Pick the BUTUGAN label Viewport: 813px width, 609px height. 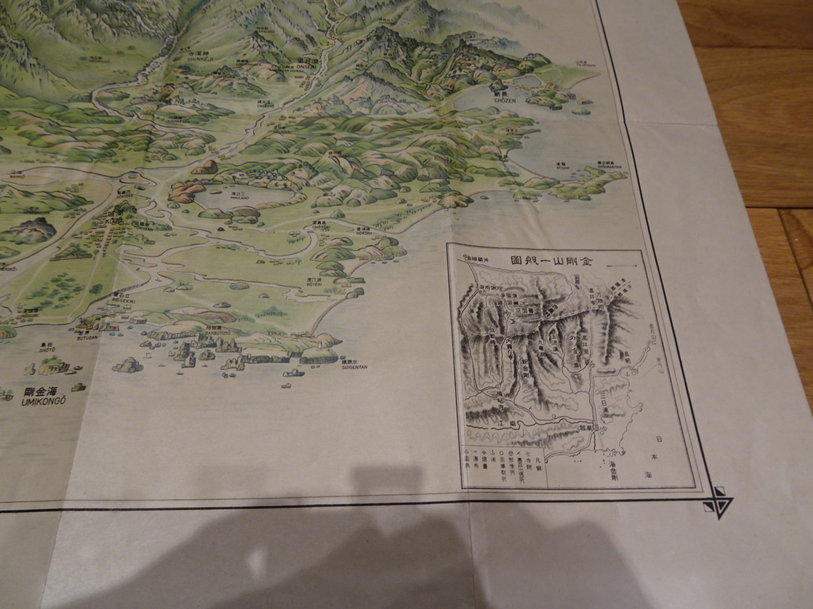click(x=87, y=336)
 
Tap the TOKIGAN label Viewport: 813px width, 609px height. click(x=142, y=228)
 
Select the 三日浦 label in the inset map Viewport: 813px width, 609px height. click(x=604, y=393)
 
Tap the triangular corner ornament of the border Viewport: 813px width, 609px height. click(x=719, y=502)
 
